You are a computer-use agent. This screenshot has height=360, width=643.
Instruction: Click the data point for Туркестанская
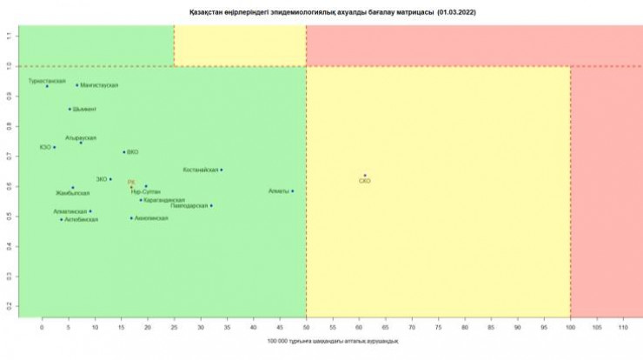(47, 86)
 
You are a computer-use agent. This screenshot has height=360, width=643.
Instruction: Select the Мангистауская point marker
(77, 85)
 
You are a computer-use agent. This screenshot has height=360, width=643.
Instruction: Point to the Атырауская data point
(81, 143)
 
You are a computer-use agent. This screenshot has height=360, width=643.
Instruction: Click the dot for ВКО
(123, 152)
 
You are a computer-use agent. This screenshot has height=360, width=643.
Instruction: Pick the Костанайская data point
(222, 170)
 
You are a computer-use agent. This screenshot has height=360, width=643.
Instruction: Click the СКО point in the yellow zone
(365, 176)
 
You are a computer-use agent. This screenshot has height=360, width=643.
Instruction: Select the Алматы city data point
(293, 191)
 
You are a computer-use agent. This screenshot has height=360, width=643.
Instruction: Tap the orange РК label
(131, 183)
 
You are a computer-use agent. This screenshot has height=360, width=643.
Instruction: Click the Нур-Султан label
(145, 191)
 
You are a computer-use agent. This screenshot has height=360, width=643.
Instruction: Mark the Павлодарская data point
(211, 206)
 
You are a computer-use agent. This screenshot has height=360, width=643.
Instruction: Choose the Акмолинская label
(152, 218)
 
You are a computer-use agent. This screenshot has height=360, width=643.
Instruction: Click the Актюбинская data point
(61, 219)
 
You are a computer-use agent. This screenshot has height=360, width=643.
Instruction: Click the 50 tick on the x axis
(306, 330)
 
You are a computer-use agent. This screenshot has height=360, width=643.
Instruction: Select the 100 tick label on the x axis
(570, 330)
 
